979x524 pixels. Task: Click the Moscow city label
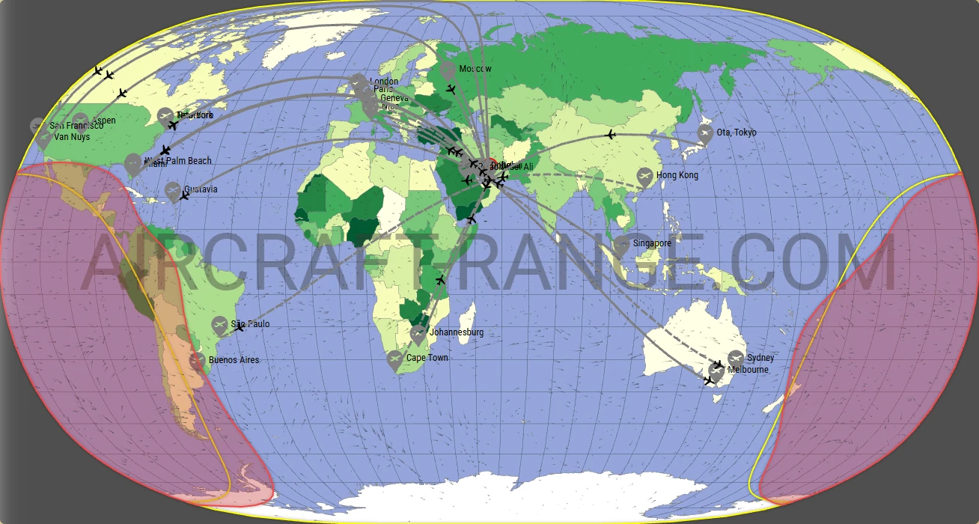pyautogui.click(x=475, y=69)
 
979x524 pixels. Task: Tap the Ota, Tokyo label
pyautogui.click(x=736, y=132)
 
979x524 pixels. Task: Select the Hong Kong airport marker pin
pyautogui.click(x=644, y=176)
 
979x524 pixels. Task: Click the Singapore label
pyautogui.click(x=652, y=243)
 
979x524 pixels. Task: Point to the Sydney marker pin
pyautogui.click(x=736, y=358)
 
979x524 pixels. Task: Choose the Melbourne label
pyautogui.click(x=748, y=370)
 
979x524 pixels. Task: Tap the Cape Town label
pyautogui.click(x=427, y=358)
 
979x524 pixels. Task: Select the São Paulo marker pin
pyautogui.click(x=219, y=324)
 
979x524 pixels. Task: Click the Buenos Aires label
pyautogui.click(x=234, y=360)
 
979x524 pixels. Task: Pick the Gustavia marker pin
pyautogui.click(x=173, y=190)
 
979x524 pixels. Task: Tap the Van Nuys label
pyautogui.click(x=72, y=138)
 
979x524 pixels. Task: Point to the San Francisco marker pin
pyautogui.click(x=38, y=125)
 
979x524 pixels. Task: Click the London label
pyautogui.click(x=384, y=82)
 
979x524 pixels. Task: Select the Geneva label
pyautogui.click(x=394, y=98)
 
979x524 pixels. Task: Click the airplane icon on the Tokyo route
pyautogui.click(x=611, y=135)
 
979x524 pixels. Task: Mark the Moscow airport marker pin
pyautogui.click(x=448, y=70)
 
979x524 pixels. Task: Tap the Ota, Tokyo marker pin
pyautogui.click(x=704, y=133)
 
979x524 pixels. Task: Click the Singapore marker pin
pyautogui.click(x=622, y=243)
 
